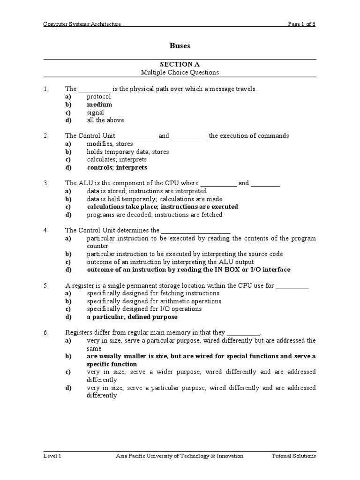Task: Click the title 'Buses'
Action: pos(180,46)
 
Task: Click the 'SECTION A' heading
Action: pos(180,64)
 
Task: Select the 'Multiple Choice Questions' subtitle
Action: pos(180,73)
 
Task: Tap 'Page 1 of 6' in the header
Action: pos(302,24)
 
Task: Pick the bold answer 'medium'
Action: pos(99,105)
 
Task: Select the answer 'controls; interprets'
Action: pos(117,167)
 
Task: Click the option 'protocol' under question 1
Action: pos(98,97)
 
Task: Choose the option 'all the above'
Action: pos(105,120)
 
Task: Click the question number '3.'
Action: pos(46,183)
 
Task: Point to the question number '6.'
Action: pos(46,332)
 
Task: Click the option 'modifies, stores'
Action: pos(110,144)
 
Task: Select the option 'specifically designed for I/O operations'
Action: pos(144,309)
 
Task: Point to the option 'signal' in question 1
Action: pos(95,112)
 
